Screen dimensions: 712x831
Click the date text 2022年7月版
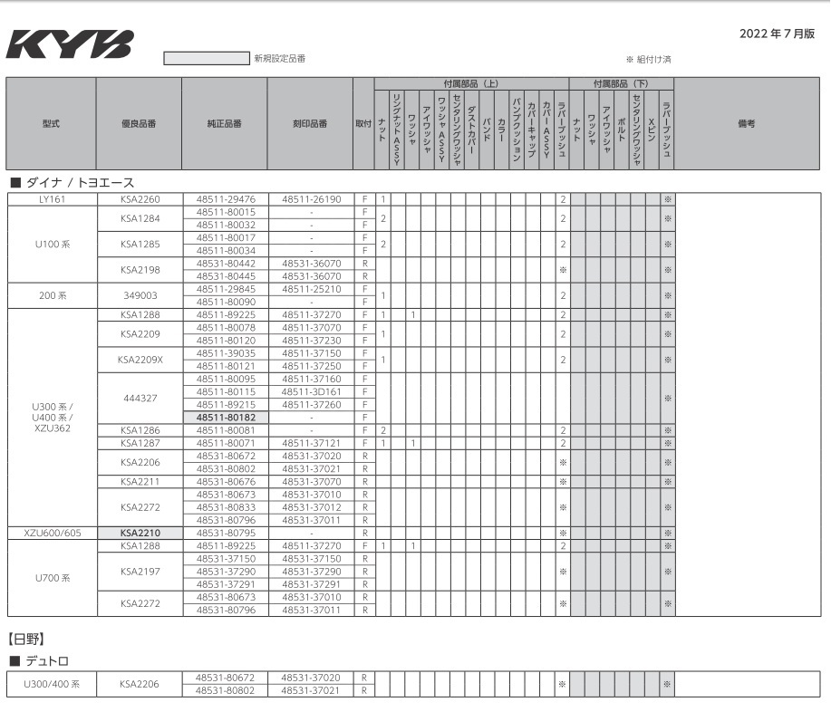click(x=777, y=34)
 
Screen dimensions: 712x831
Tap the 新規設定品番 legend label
click(x=279, y=59)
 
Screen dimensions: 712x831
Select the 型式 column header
click(x=52, y=123)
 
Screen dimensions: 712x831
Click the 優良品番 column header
click(x=139, y=123)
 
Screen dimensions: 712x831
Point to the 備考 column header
click(x=746, y=123)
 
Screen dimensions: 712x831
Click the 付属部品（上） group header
click(x=465, y=83)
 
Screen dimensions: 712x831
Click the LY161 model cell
click(x=52, y=198)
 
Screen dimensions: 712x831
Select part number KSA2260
click(x=139, y=198)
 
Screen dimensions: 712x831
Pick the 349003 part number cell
click(x=139, y=295)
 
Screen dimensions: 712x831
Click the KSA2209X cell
click(x=139, y=359)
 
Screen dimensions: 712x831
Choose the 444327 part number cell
click(x=139, y=398)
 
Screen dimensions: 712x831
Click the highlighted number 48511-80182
click(x=225, y=417)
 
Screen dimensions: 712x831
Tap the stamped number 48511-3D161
click(x=311, y=391)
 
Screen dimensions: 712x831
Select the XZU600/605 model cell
click(x=52, y=533)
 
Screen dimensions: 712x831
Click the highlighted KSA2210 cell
click(x=139, y=533)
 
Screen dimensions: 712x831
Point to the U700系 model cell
click(x=52, y=578)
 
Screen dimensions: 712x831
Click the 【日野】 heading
click(x=27, y=640)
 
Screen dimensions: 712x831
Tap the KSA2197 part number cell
click(x=139, y=572)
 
